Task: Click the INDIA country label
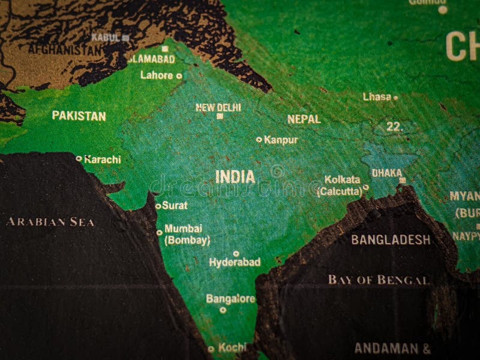coord(235,177)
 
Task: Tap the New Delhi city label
coord(218,107)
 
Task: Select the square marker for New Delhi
coord(220,116)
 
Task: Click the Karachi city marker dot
coord(79,159)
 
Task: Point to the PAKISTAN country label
coord(79,116)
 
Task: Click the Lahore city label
coord(156,76)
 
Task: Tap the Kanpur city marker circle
coord(259,139)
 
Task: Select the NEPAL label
coord(304,119)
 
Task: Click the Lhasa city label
coord(377,97)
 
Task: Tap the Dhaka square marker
coord(403,180)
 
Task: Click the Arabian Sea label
coord(50,222)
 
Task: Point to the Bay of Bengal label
coord(379,280)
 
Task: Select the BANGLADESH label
coord(391,240)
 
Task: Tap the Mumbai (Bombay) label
coord(187,235)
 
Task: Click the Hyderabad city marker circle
coord(236,253)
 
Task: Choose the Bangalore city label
coord(230,298)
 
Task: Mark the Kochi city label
coord(232,347)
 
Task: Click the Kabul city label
coord(105,37)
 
